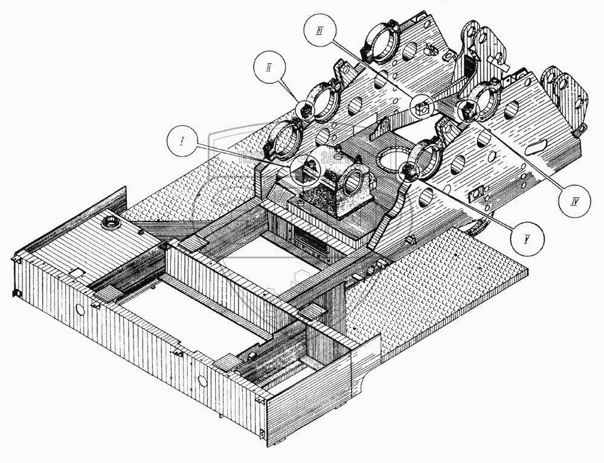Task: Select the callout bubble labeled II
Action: [268, 66]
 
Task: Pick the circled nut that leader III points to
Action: [422, 107]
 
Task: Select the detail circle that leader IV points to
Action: [467, 109]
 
